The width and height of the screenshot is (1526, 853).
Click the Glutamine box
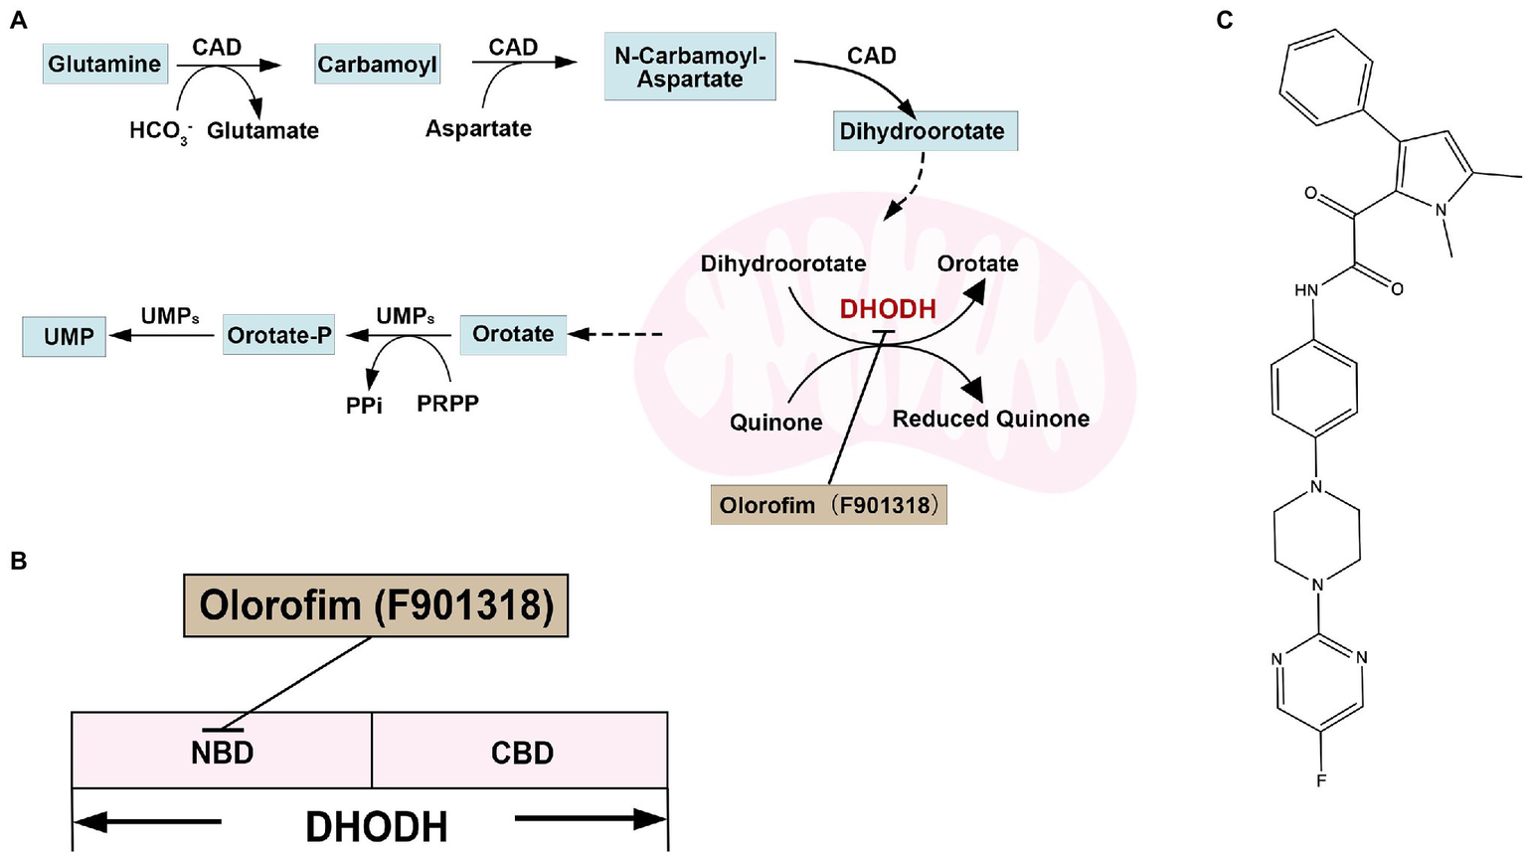point(104,65)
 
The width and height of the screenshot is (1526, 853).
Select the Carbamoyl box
point(377,65)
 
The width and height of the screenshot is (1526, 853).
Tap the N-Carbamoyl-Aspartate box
point(690,67)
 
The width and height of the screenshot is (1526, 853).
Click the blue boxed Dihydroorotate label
point(924,131)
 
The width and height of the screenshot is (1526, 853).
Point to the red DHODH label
point(888,309)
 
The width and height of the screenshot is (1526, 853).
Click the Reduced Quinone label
point(990,419)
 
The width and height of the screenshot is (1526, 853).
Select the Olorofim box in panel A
point(828,505)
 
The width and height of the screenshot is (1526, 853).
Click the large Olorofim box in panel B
point(376,604)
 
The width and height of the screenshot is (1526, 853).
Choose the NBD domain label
point(222,753)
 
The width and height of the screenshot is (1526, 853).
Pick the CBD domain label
point(522,753)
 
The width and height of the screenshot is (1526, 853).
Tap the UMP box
point(66,336)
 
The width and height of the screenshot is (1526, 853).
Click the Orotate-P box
point(278,335)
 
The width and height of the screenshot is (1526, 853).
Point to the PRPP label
point(447,404)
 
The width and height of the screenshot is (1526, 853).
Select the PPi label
point(364,406)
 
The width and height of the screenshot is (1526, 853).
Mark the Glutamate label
point(262,131)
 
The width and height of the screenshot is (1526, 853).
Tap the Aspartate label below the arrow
point(478,129)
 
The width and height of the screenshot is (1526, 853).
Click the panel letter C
point(1225,21)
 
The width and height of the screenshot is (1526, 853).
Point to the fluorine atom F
point(1321,780)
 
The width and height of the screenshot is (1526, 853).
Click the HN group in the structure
point(1305,290)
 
